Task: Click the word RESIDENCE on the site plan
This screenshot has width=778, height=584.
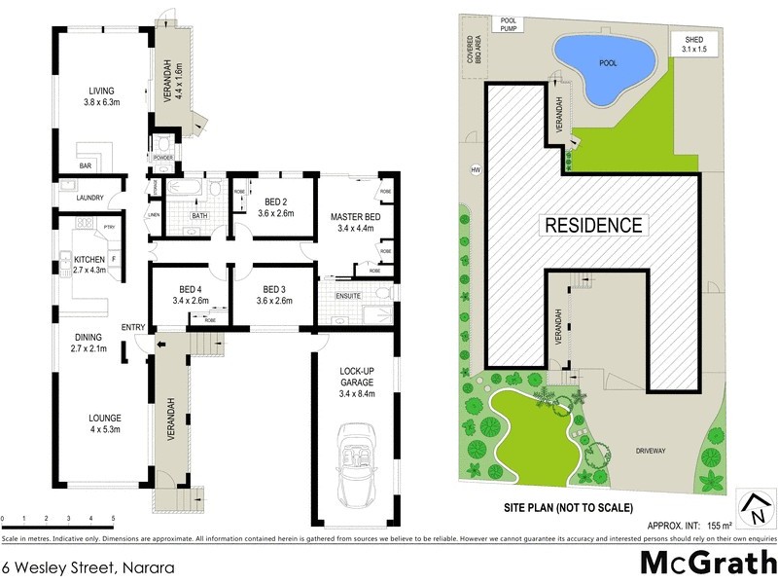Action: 593,226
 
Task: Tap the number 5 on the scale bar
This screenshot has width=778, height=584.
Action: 114,518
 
